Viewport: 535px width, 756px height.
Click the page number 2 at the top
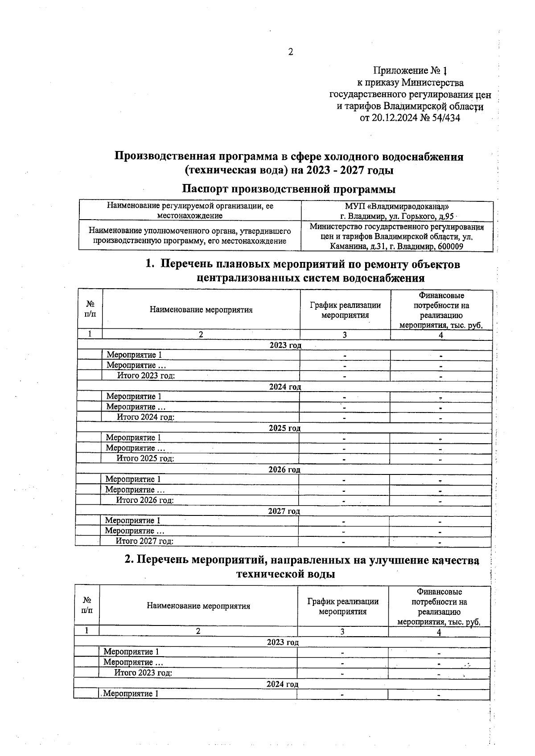pyautogui.click(x=290, y=53)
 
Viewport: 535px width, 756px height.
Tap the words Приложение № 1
pyautogui.click(x=410, y=71)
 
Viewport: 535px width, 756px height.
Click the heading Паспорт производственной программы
pyautogui.click(x=289, y=189)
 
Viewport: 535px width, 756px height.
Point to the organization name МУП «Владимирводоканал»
pyautogui.click(x=397, y=207)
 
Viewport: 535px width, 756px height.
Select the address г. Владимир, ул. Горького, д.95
pyautogui.click(x=397, y=216)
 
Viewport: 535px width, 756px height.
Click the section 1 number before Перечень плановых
pyautogui.click(x=150, y=265)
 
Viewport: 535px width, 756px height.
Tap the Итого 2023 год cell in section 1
pyautogui.click(x=146, y=376)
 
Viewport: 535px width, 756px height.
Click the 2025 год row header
pyautogui.click(x=284, y=428)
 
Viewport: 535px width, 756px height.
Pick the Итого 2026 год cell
pyautogui.click(x=145, y=500)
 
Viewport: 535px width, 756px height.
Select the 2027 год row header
pyautogui.click(x=284, y=511)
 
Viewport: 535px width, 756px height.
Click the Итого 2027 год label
pyautogui.click(x=144, y=541)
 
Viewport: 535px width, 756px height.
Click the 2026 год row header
pyautogui.click(x=284, y=470)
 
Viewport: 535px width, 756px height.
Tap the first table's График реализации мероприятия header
pyautogui.click(x=345, y=310)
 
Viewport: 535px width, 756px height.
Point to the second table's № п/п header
pyautogui.click(x=87, y=605)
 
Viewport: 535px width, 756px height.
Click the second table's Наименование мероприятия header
pyautogui.click(x=198, y=606)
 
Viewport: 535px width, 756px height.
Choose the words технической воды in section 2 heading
pyautogui.click(x=285, y=574)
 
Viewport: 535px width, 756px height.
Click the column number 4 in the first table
pyautogui.click(x=440, y=335)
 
